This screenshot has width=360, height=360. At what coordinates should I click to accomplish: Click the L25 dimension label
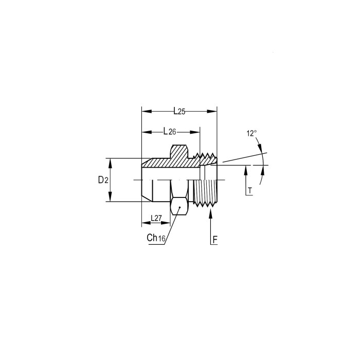[x=179, y=112]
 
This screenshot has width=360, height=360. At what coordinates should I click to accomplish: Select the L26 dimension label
[x=170, y=132]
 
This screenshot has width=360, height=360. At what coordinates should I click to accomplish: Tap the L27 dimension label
[x=156, y=218]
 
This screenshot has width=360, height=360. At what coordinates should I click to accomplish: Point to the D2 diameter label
[x=103, y=180]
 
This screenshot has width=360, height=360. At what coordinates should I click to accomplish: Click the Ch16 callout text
[x=156, y=238]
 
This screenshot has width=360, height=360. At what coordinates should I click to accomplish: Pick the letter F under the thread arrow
[x=215, y=240]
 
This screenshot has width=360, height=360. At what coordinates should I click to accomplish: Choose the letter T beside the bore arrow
[x=250, y=191]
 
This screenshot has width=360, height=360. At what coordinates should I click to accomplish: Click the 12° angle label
[x=251, y=133]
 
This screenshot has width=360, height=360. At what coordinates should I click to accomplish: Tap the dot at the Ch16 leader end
[x=180, y=207]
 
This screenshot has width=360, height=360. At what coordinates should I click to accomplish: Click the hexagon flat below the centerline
[x=179, y=206]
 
